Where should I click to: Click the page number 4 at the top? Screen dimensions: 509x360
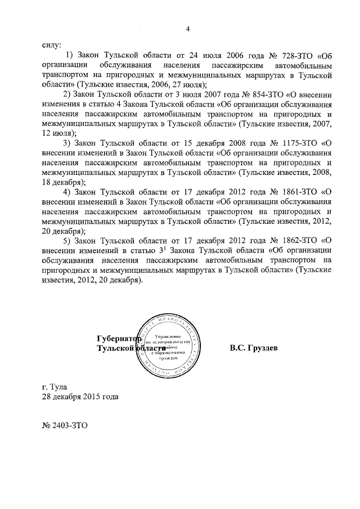(188, 29)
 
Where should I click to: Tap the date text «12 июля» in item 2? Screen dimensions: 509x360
(58, 133)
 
